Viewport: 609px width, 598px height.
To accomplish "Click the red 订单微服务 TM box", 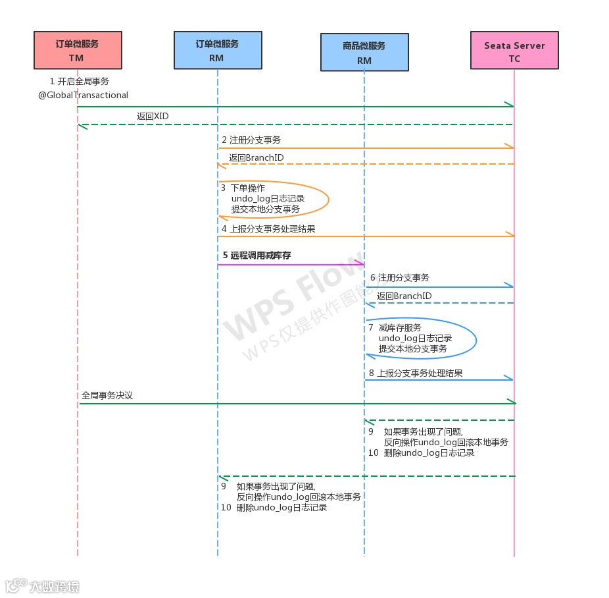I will pos(77,51).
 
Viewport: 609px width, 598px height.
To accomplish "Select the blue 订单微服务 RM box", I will pos(218,50).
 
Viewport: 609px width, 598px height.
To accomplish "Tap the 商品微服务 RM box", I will pos(364,52).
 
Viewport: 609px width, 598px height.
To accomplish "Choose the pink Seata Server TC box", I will pos(514,51).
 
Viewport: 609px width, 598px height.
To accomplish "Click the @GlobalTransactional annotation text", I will pos(83,95).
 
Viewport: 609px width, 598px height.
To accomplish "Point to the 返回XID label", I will pos(153,116).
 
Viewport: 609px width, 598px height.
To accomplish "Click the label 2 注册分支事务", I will pos(251,140).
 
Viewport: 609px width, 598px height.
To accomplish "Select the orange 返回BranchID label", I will pos(256,158).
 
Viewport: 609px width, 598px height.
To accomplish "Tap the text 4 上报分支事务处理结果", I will pos(268,229).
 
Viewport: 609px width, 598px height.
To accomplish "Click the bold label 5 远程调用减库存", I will pos(256,255).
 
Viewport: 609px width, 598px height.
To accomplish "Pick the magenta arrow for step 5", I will pos(289,265).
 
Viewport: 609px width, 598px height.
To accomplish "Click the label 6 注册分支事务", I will pos(400,278).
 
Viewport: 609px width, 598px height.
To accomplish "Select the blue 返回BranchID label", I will pos(404,296).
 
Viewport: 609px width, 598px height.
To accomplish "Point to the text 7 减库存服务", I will pos(395,327).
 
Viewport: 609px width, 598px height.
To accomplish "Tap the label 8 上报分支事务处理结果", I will pos(416,373).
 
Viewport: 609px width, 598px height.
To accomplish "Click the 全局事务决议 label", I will pos(107,396).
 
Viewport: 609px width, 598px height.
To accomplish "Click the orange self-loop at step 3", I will pos(327,198).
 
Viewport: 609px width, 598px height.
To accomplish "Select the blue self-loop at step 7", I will pos(475,339).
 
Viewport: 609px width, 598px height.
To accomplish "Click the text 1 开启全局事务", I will pos(80,82).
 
